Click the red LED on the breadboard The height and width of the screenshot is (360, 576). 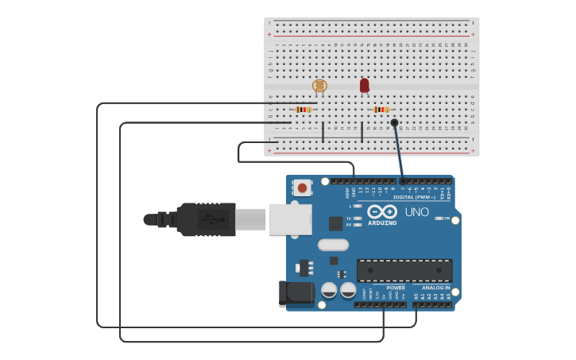click(364, 84)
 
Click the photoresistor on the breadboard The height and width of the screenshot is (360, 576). click(319, 85)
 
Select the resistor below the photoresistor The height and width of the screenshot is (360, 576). click(303, 109)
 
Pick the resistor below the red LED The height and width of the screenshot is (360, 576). click(381, 109)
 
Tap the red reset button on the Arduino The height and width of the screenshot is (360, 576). click(302, 188)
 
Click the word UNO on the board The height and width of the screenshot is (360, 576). click(416, 212)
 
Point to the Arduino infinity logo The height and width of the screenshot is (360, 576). click(382, 211)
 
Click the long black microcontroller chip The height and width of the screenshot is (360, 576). click(404, 270)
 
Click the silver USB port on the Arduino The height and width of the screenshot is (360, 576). click(290, 219)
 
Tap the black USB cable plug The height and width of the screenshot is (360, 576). click(207, 219)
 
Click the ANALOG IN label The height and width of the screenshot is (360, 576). click(435, 288)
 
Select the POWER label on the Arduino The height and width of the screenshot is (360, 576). click(396, 288)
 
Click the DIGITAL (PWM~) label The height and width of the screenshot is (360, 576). click(415, 197)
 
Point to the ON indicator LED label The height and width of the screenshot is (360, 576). click(446, 218)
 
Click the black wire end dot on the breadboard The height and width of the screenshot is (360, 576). click(394, 122)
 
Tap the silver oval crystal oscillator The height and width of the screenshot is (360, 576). click(334, 245)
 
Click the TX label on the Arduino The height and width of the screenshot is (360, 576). click(349, 218)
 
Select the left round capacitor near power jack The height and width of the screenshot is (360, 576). click(329, 290)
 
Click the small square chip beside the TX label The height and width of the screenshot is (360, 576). click(336, 223)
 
